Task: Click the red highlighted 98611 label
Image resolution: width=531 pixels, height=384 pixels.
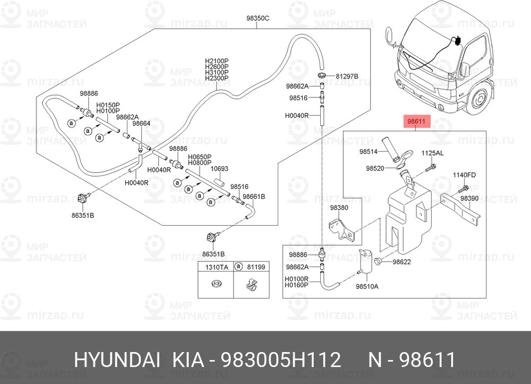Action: pyautogui.click(x=416, y=121)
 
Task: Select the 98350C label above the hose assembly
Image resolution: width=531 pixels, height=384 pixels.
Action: pyautogui.click(x=258, y=18)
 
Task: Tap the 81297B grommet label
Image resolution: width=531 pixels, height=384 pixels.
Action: pyautogui.click(x=347, y=76)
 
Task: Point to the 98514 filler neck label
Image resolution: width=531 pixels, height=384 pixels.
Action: pyautogui.click(x=369, y=152)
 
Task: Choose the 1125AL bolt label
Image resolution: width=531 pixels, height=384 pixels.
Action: pyautogui.click(x=432, y=153)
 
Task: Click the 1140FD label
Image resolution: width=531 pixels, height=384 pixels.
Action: pyautogui.click(x=464, y=175)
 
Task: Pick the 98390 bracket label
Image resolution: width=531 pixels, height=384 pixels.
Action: pyautogui.click(x=469, y=199)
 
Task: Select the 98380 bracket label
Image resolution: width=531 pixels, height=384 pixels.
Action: pyautogui.click(x=339, y=208)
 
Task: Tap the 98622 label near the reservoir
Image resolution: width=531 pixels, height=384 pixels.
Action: pyautogui.click(x=401, y=262)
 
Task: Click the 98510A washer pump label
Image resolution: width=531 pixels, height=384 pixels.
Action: pyautogui.click(x=367, y=286)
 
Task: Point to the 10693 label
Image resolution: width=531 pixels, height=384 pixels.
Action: pyautogui.click(x=219, y=169)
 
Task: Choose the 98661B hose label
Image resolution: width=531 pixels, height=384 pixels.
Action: pyautogui.click(x=254, y=197)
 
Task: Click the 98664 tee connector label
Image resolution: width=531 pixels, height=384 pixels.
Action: pyautogui.click(x=141, y=124)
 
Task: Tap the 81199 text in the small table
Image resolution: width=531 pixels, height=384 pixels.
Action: pyautogui.click(x=256, y=267)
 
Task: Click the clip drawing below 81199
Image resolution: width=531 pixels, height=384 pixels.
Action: pyautogui.click(x=251, y=285)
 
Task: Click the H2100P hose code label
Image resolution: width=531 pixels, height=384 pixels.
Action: pyautogui.click(x=217, y=61)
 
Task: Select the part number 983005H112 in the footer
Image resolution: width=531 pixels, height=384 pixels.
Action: pyautogui.click(x=281, y=360)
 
